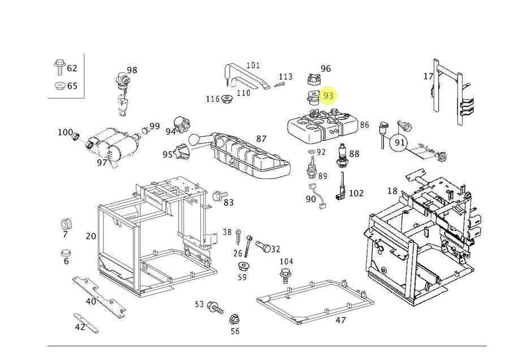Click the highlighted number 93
click(329, 96)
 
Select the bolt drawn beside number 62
click(58, 68)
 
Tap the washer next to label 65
click(58, 86)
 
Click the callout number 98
click(132, 70)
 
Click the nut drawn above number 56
click(234, 319)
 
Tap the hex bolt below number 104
click(286, 276)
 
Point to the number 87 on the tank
click(261, 139)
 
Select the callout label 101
click(252, 66)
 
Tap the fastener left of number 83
click(217, 196)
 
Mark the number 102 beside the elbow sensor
click(356, 193)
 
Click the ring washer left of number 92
click(309, 153)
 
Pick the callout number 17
click(428, 76)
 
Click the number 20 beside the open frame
click(90, 236)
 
